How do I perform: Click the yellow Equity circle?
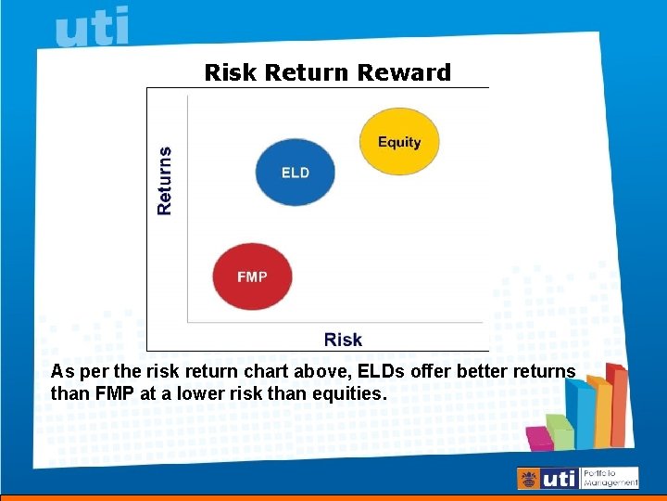coord(398,141)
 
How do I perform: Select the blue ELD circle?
coord(295,172)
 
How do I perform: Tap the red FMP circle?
coord(252,276)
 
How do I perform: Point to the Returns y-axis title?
coord(165,181)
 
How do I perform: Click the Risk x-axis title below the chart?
coord(343,340)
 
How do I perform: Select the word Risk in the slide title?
coord(231,72)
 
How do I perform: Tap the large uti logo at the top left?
coord(92,27)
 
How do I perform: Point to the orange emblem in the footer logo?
coord(529,479)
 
